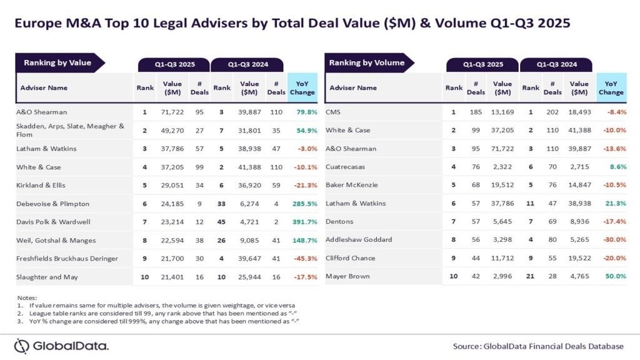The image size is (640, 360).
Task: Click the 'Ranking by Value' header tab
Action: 57,62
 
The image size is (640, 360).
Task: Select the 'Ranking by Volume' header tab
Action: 367,62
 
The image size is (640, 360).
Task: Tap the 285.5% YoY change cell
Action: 302,204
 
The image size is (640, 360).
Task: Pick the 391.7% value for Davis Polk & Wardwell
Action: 302,222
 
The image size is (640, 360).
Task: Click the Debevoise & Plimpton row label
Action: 54,204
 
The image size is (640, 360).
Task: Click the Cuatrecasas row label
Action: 346,167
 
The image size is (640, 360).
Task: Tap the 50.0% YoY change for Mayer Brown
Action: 615,276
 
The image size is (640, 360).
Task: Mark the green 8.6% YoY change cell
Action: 617,167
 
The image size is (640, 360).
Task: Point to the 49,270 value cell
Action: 172,131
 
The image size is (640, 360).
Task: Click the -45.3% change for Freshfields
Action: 302,258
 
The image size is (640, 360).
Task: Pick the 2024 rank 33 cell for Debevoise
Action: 222,204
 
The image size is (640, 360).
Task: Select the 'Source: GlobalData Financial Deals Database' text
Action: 538,346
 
